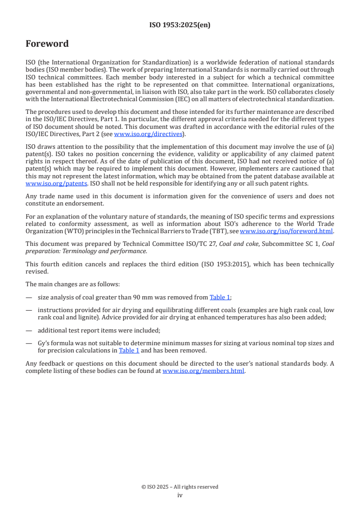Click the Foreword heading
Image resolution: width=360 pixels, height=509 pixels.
(47, 44)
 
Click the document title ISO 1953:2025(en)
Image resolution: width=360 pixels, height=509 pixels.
(180, 25)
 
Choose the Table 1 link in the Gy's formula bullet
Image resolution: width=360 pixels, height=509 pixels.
(129, 350)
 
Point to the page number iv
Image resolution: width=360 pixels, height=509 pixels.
(180, 495)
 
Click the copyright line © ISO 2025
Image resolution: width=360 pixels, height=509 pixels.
(180, 487)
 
